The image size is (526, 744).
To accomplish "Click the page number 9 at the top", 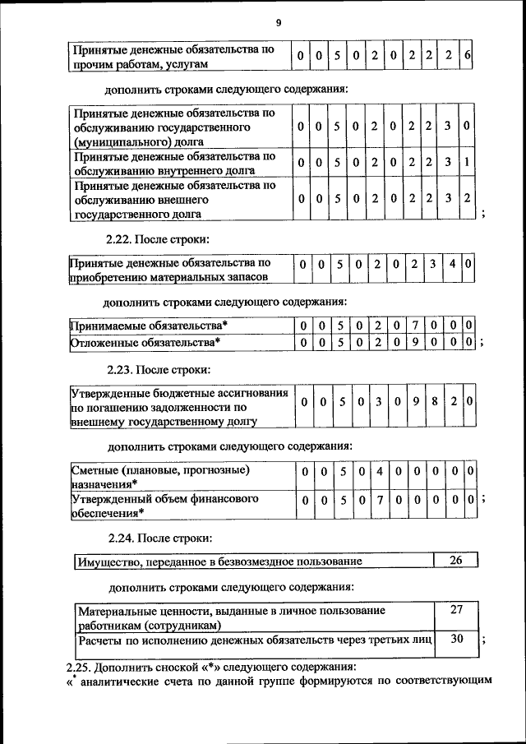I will (279, 23).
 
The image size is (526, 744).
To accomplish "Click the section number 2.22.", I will (120, 239).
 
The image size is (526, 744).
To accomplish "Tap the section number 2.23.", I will (120, 369).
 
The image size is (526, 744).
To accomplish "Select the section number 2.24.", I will (121, 538).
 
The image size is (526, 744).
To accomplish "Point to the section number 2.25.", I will (81, 666).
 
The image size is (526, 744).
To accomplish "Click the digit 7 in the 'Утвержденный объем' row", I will (380, 499).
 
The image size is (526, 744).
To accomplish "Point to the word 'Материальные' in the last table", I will (116, 611).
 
